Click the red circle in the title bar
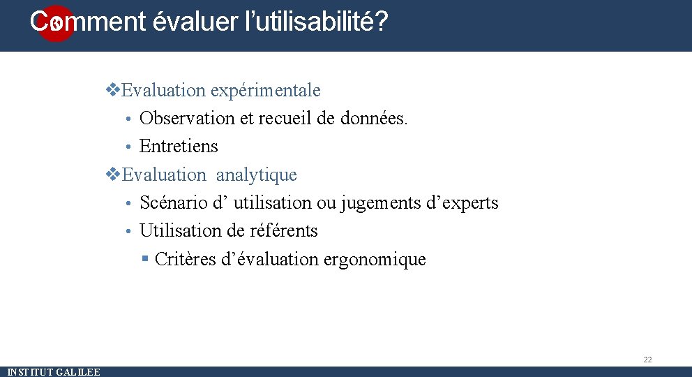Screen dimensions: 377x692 coord(55,24)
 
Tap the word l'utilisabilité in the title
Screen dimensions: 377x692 coord(308,22)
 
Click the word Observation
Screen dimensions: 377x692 coord(187,119)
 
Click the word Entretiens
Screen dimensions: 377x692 coord(179,147)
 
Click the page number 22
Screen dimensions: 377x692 coord(647,360)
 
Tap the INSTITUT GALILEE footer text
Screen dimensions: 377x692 coord(54,372)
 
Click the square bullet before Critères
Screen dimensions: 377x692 coord(145,259)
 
